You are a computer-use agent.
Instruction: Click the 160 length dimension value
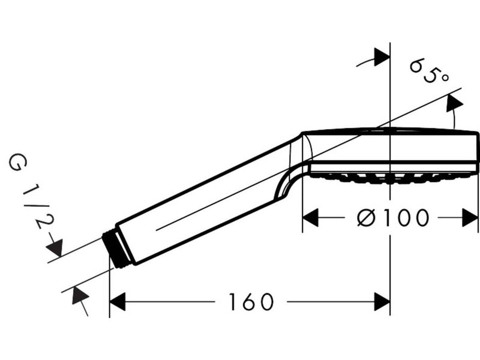tap(251, 302)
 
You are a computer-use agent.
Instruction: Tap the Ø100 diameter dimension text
tap(393, 218)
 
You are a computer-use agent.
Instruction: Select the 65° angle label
tap(429, 71)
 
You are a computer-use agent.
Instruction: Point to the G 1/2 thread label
tap(32, 191)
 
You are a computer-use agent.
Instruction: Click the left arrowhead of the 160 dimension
tap(117, 302)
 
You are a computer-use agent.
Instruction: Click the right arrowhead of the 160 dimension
tap(382, 302)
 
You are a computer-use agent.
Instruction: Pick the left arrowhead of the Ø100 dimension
tap(310, 218)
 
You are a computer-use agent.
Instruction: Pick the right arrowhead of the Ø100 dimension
tap(470, 218)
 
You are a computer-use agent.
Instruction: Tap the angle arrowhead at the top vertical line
tap(382, 57)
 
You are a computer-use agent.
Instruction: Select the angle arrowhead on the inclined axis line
tap(454, 103)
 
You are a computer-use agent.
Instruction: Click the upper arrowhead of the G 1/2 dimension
tap(55, 247)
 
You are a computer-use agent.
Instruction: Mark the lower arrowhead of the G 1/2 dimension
tap(80, 295)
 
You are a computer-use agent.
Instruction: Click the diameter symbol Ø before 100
tap(366, 218)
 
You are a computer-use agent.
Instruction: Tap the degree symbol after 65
tap(445, 78)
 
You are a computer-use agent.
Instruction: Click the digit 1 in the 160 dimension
tap(233, 302)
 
